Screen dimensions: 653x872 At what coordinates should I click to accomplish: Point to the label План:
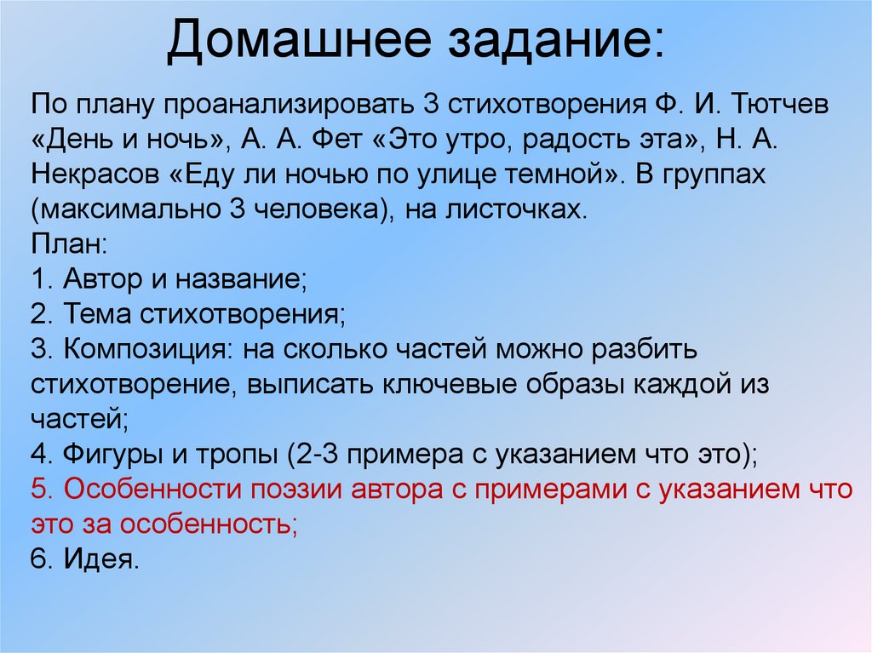69,244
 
